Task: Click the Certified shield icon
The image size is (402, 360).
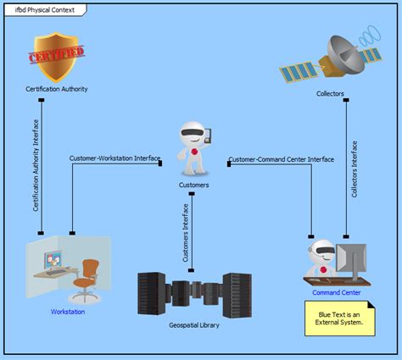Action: pyautogui.click(x=57, y=56)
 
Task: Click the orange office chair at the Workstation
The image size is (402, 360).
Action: pyautogui.click(x=87, y=277)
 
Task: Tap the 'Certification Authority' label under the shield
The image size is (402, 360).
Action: pyautogui.click(x=57, y=89)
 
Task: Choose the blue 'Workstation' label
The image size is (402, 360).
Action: pyautogui.click(x=68, y=312)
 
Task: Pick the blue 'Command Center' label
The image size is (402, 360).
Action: pyautogui.click(x=337, y=293)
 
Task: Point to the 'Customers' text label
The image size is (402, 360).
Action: pyautogui.click(x=193, y=184)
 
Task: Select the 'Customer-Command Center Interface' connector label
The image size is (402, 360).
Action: pyautogui.click(x=280, y=158)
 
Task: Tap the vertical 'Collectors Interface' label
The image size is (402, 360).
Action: pyautogui.click(x=355, y=169)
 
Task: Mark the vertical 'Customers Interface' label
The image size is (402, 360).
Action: pyautogui.click(x=186, y=232)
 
